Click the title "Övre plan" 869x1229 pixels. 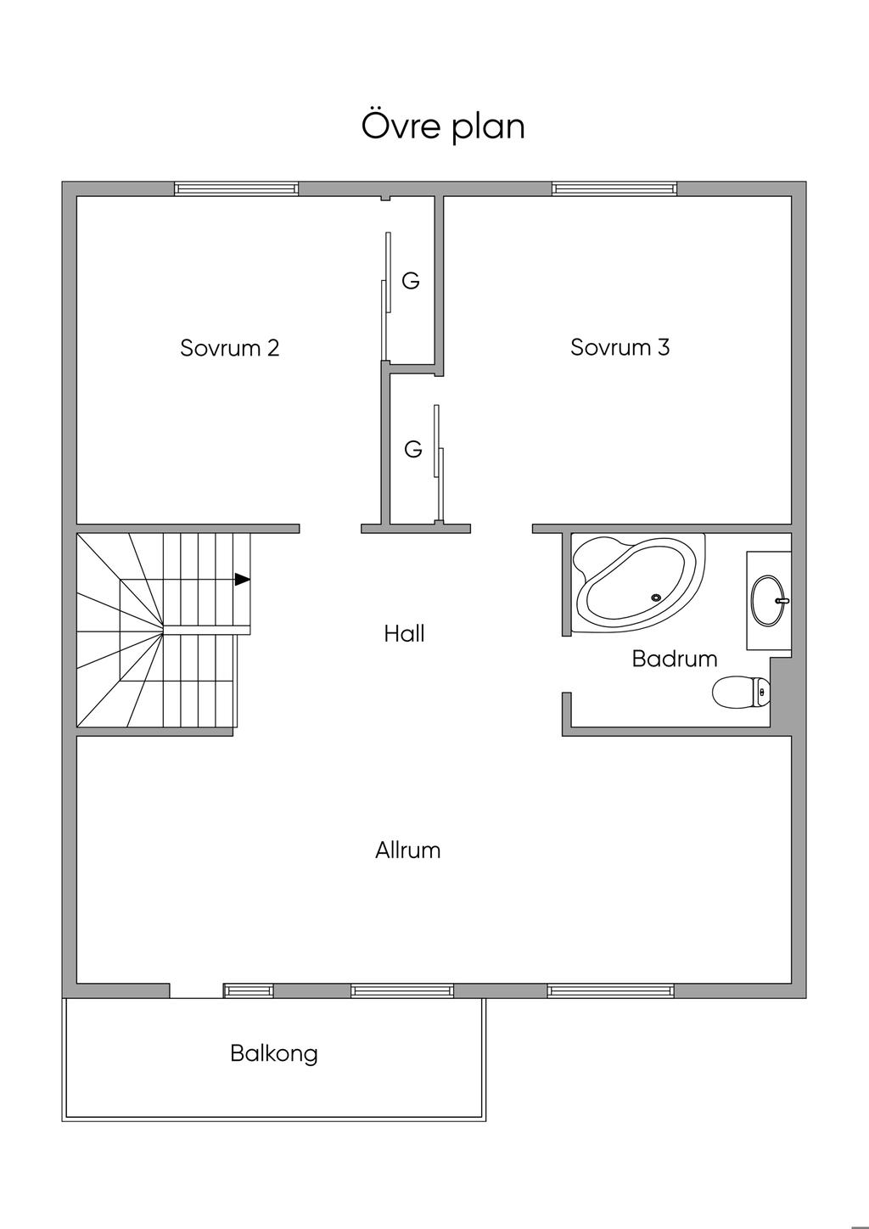443,126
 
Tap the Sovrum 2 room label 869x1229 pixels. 230,348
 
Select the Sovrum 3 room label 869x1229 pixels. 620,347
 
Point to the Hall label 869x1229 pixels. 404,634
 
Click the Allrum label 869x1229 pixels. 407,850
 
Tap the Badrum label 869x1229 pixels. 675,659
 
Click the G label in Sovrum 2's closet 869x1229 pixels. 411,281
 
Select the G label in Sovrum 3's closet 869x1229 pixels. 413,449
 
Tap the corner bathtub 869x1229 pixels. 638,583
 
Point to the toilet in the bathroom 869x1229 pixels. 741,692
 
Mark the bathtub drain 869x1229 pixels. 656,598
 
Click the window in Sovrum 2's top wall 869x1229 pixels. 237,188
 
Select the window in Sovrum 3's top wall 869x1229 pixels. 614,188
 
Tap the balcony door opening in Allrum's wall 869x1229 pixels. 196,990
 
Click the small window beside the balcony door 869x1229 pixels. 248,990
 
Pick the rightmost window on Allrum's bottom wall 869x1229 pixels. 611,990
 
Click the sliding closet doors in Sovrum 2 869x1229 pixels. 385,296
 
